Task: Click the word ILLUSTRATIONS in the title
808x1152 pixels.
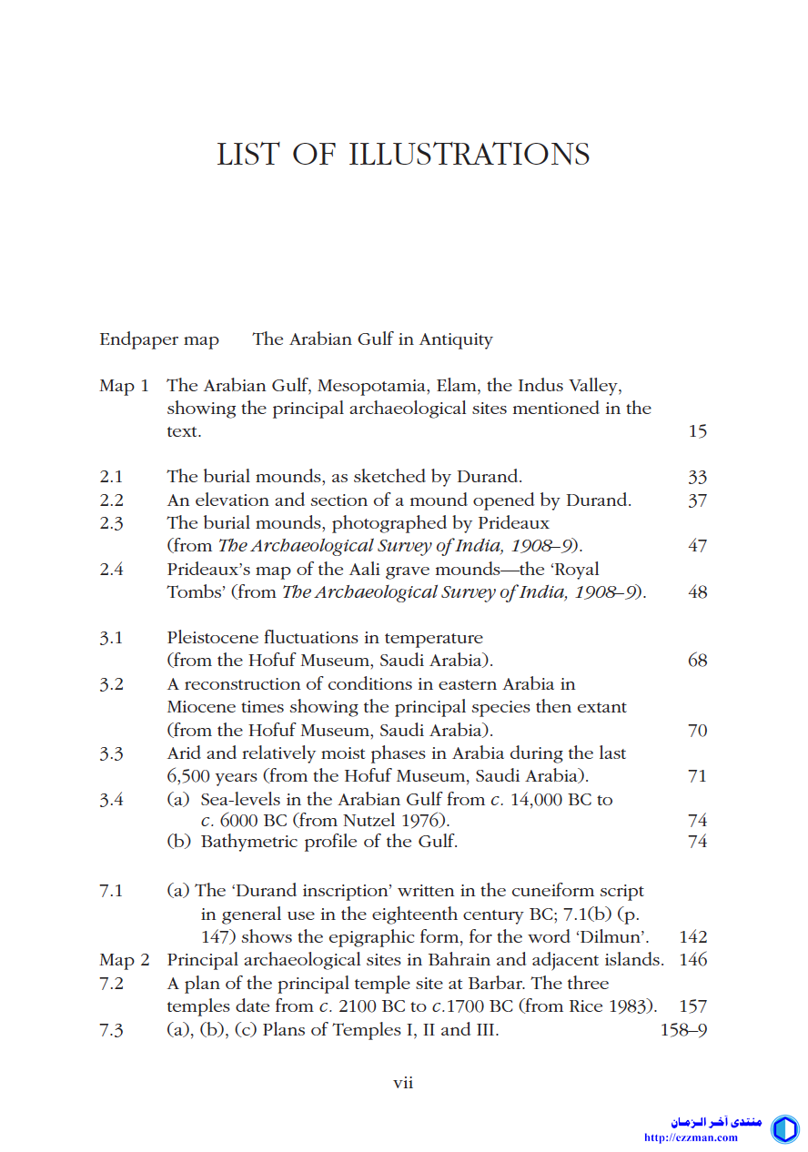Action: [470, 154]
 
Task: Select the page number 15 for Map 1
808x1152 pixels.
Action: [697, 431]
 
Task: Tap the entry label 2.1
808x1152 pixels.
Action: [111, 477]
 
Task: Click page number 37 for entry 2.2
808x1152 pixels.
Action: [697, 500]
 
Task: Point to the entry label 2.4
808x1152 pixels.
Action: [111, 570]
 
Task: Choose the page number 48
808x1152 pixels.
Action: [697, 592]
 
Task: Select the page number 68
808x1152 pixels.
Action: [697, 661]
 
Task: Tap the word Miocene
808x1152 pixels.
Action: [200, 707]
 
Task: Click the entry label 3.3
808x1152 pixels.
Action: [111, 753]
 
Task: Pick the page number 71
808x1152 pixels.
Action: [697, 776]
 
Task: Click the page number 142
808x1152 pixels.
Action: [692, 937]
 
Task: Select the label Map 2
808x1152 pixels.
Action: [125, 960]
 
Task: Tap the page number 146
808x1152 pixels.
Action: [692, 960]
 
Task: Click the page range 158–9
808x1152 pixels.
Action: [683, 1030]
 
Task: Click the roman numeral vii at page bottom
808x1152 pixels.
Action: [403, 1083]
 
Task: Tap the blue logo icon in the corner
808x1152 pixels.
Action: [784, 1129]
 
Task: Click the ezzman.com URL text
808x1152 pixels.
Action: [691, 1137]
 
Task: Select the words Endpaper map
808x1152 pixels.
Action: [159, 339]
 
